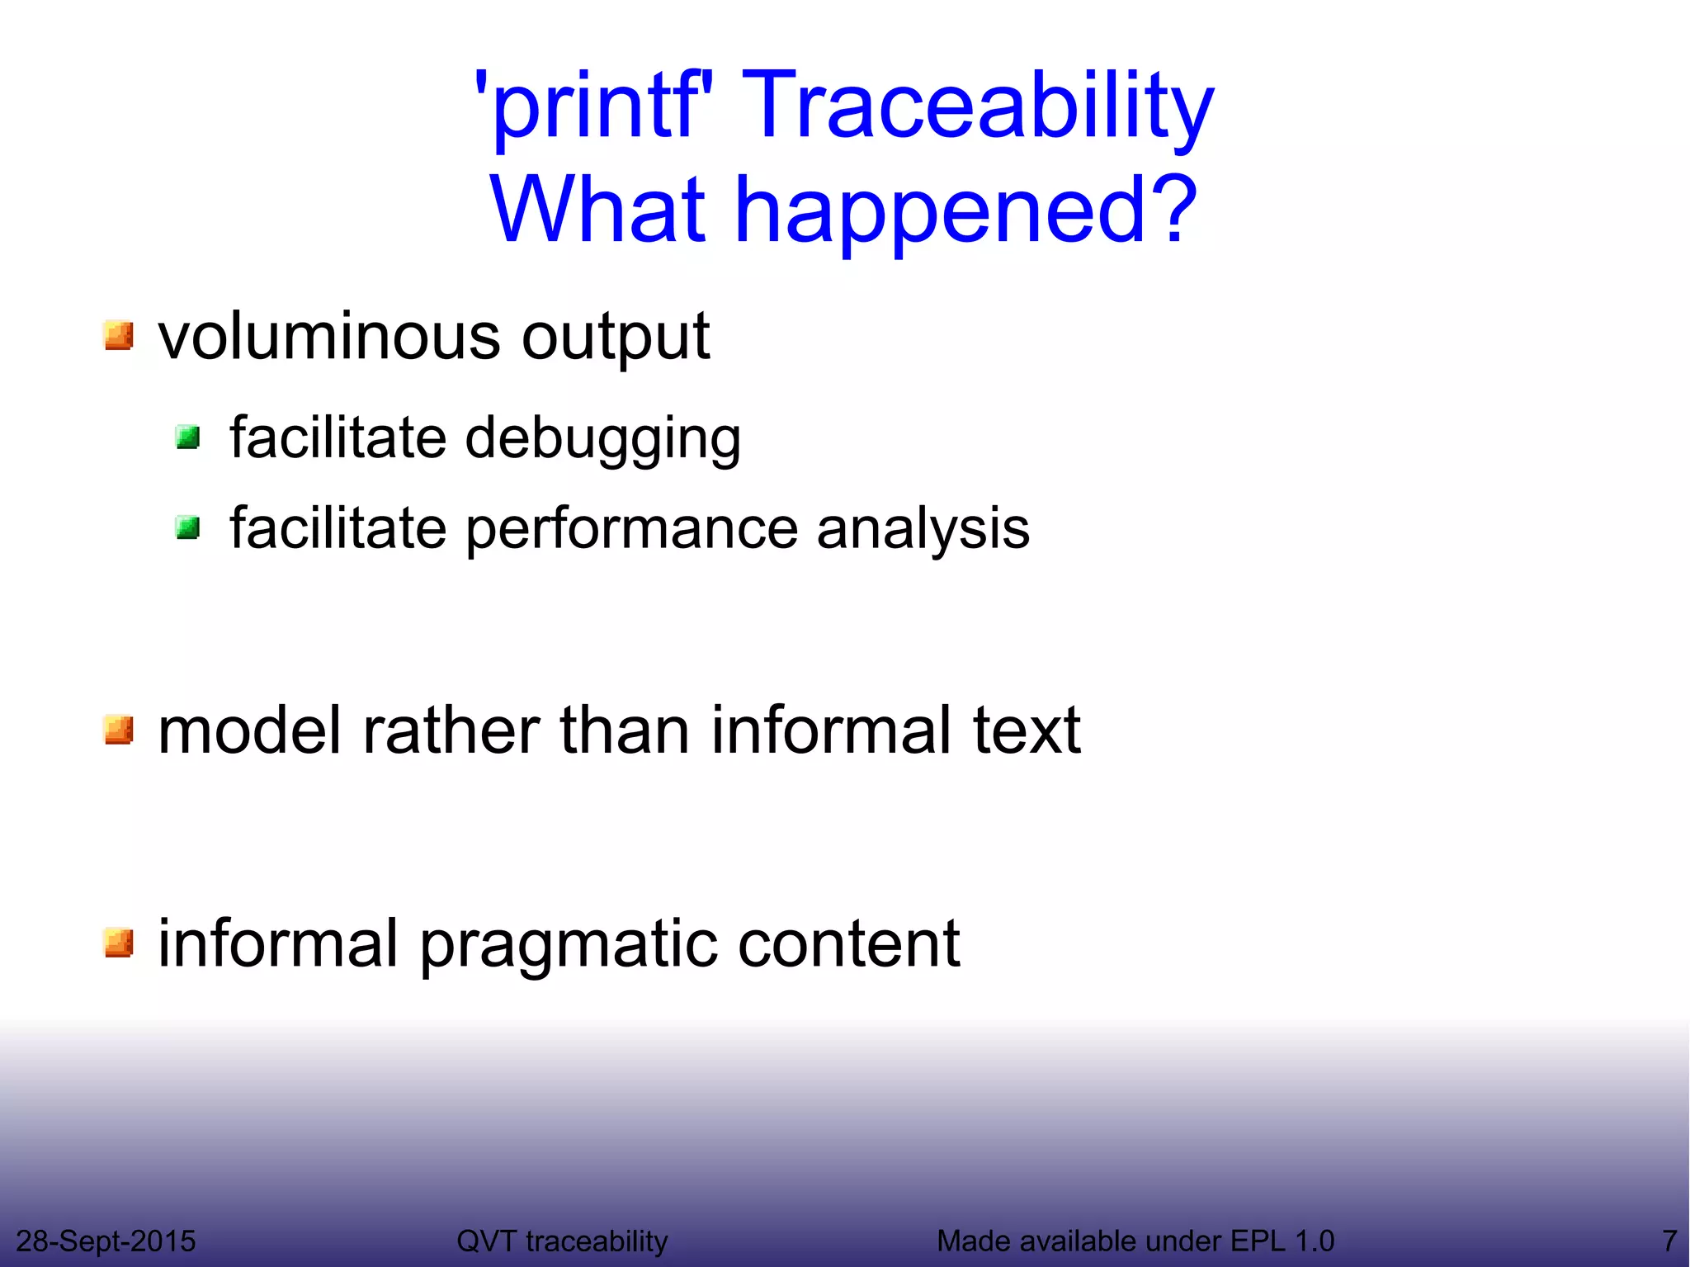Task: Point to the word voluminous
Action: pos(328,336)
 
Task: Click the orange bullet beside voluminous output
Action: pos(119,336)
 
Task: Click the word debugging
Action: pos(602,439)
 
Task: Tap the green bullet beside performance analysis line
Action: pos(188,527)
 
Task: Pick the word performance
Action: pos(631,529)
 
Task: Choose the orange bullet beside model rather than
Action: pos(119,730)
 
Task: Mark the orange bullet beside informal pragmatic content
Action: pos(119,943)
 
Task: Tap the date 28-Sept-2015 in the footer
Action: pos(106,1241)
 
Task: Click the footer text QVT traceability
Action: pos(562,1241)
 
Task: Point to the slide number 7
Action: pos(1669,1241)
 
